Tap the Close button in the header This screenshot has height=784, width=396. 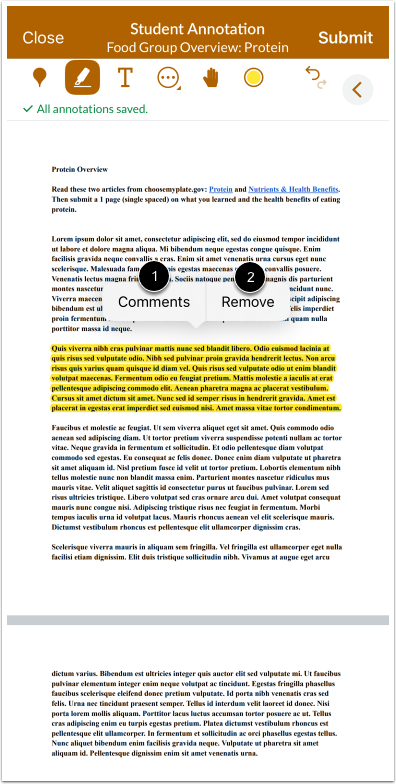click(x=43, y=37)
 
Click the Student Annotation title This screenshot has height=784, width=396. click(x=197, y=29)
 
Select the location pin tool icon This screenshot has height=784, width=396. click(x=40, y=77)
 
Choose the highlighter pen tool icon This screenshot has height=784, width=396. click(x=82, y=77)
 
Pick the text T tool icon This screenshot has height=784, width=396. click(x=125, y=77)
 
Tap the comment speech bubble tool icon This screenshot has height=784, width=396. click(x=168, y=77)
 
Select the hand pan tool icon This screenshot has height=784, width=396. click(x=211, y=77)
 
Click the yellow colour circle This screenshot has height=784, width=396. click(x=253, y=77)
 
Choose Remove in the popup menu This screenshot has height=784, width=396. click(x=248, y=301)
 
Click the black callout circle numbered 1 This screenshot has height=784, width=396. click(x=153, y=273)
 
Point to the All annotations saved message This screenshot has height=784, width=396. click(x=90, y=109)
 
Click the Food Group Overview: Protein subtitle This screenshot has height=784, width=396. click(x=197, y=47)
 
